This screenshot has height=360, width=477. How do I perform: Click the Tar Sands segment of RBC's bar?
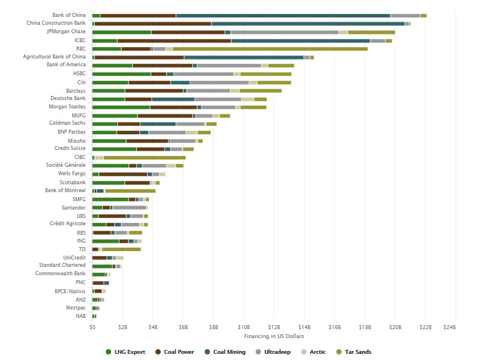(269, 49)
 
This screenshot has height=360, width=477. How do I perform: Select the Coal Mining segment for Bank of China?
(283, 15)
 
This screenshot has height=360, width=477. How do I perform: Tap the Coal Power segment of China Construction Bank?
(153, 24)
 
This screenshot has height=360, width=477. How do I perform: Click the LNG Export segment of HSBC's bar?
(121, 74)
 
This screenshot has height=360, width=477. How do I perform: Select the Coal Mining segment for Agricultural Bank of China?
(244, 57)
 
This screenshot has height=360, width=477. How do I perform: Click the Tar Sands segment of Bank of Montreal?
(130, 191)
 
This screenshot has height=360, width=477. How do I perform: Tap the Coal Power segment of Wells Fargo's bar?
(123, 174)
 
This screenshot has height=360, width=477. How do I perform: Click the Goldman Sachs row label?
(67, 122)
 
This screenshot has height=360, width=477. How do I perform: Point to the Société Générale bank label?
(66, 165)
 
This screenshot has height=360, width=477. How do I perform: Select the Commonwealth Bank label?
(60, 274)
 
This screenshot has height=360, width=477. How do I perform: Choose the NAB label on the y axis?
(81, 316)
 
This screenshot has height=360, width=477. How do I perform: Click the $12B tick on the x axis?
(274, 327)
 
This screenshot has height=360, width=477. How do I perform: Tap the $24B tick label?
(449, 327)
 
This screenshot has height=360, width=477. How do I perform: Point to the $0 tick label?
(92, 327)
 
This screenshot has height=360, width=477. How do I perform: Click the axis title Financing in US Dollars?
(274, 336)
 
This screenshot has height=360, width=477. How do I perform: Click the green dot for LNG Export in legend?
(108, 352)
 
